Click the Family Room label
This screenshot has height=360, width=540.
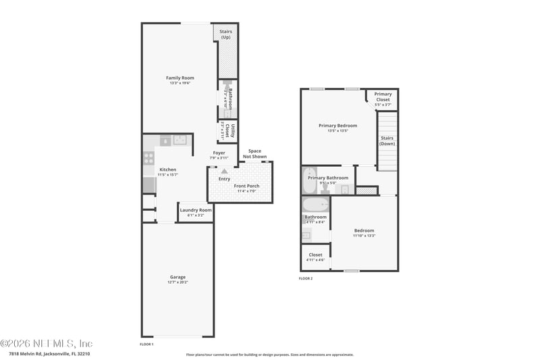(x=180, y=78)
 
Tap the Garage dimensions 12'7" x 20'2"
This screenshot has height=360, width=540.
(x=178, y=283)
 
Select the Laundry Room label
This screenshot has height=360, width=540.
(x=196, y=210)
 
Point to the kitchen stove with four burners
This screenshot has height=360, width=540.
(x=148, y=158)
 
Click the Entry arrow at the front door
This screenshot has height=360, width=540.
(x=224, y=172)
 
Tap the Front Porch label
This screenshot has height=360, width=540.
(x=246, y=186)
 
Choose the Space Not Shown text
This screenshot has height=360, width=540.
(x=254, y=153)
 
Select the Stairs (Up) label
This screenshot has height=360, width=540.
(x=226, y=34)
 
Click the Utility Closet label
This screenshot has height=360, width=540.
(x=232, y=131)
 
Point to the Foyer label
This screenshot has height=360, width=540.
(x=219, y=153)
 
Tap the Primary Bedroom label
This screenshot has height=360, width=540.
(x=337, y=126)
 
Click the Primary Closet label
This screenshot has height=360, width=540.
(x=383, y=97)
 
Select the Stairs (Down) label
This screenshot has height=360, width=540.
(x=387, y=140)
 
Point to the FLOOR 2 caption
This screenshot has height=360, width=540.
(x=306, y=278)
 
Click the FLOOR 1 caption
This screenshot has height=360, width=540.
(x=146, y=344)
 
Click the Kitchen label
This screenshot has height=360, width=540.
(x=167, y=170)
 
